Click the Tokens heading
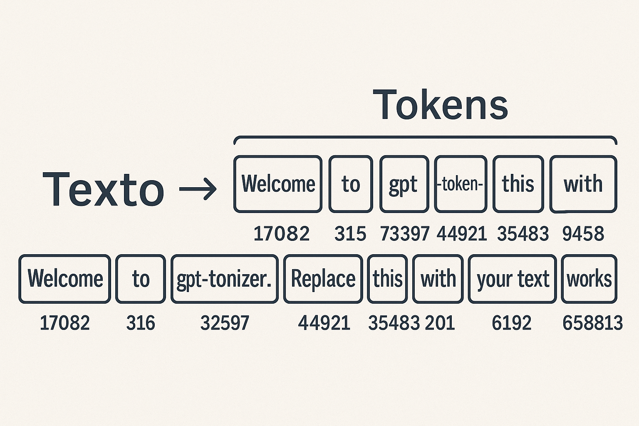point(441,105)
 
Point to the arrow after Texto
point(198,189)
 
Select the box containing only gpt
point(404,184)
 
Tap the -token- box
point(461,184)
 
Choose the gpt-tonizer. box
point(224,279)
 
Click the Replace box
point(323,279)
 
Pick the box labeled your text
point(513,279)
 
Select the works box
point(589,279)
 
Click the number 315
point(350,234)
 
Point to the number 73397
point(404,234)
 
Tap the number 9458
point(583,234)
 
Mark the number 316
point(141,323)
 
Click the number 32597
point(225,323)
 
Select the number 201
point(440,323)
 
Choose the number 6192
point(512,323)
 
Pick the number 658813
point(592,323)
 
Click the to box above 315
point(351,184)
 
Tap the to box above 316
point(141,279)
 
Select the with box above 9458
point(583,184)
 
